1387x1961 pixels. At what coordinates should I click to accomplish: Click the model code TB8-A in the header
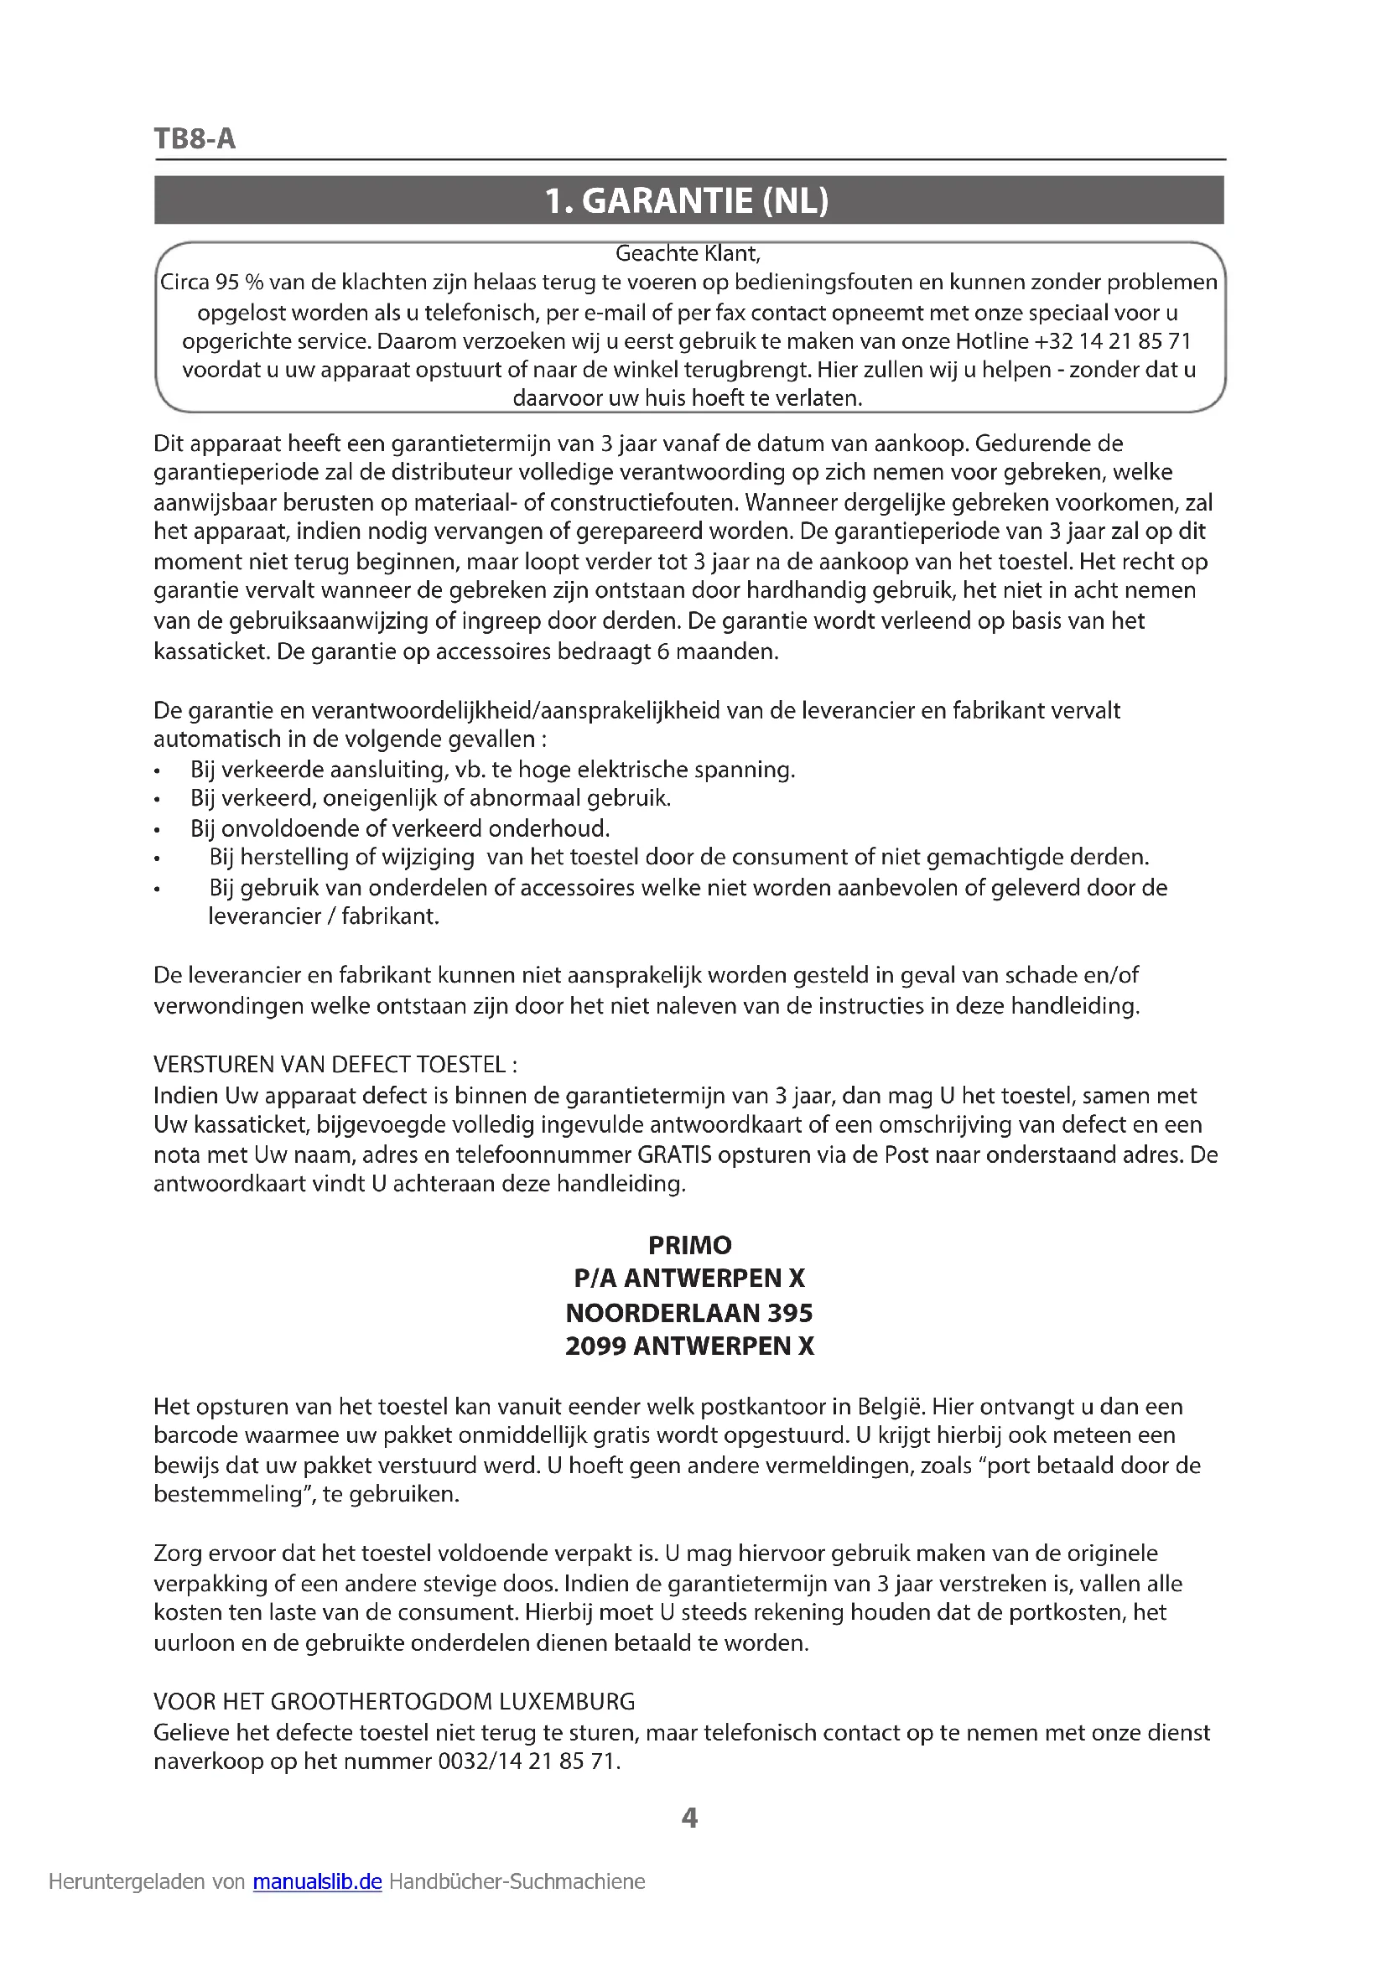point(195,138)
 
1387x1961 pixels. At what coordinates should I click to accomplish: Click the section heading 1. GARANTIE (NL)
point(688,201)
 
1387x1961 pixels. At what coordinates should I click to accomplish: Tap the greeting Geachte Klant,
point(688,254)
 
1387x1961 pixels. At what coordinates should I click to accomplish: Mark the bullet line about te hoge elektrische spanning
point(493,770)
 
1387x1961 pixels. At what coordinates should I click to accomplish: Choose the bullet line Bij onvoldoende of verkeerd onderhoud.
point(400,828)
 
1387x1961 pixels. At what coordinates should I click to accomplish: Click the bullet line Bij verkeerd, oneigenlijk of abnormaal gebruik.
point(430,800)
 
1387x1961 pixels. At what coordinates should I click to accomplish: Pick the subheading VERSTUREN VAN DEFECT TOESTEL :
point(335,1065)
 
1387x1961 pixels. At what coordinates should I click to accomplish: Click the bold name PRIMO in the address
point(689,1245)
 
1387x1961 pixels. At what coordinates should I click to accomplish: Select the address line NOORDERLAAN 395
point(689,1313)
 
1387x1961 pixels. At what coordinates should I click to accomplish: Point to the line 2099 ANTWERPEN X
point(689,1347)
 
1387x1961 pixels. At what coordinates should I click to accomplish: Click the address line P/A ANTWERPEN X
point(689,1279)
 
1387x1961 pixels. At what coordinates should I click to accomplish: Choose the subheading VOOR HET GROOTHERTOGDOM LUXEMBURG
point(395,1702)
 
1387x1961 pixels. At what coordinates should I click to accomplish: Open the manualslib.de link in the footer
point(317,1882)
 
